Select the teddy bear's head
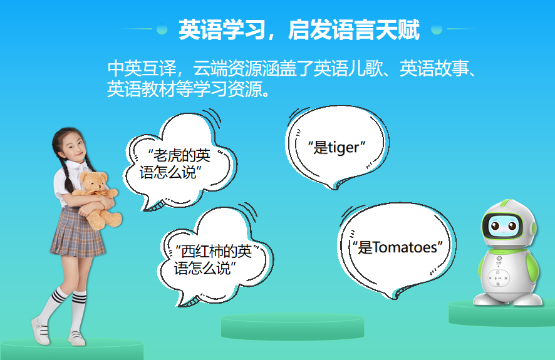(93, 183)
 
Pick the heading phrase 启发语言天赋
(354, 29)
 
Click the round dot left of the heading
(162, 29)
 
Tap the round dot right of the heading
(437, 29)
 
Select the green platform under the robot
(501, 313)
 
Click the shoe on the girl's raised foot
(41, 332)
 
